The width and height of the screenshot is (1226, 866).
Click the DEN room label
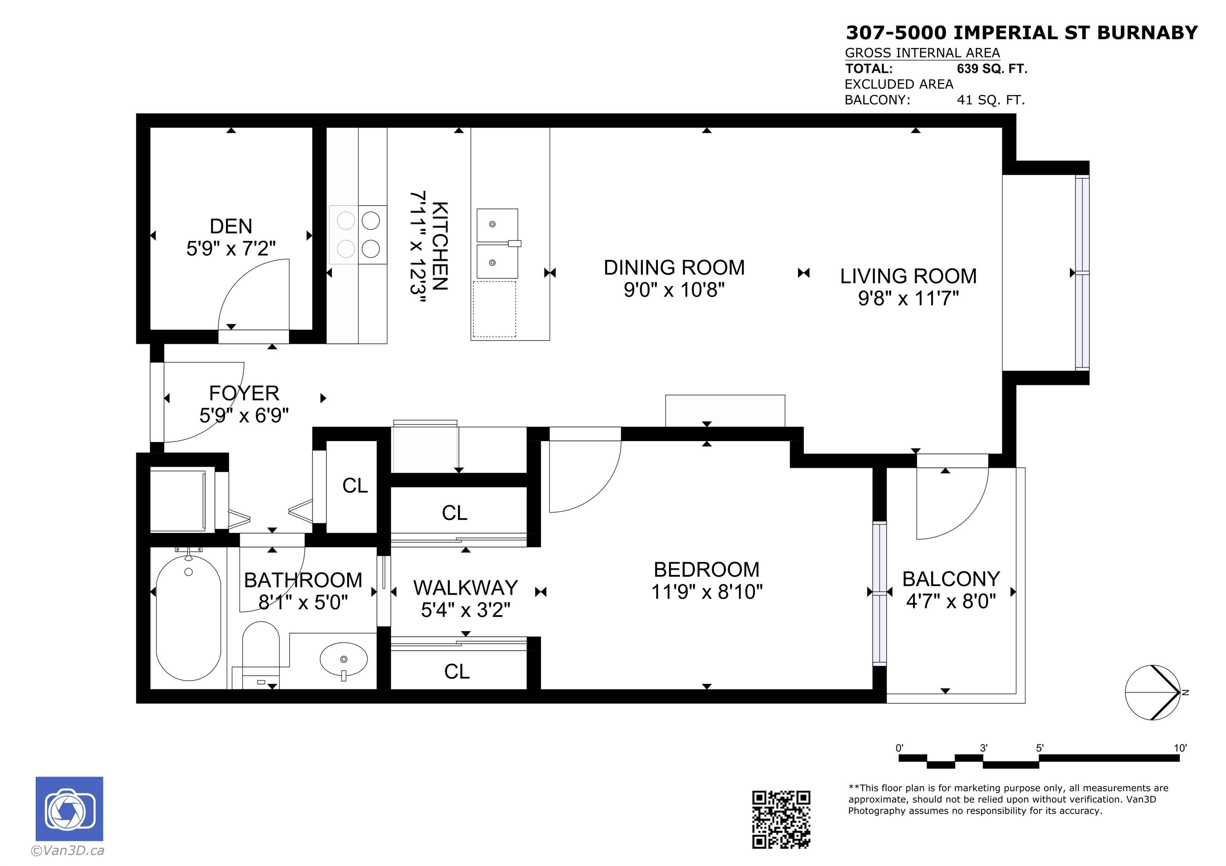pyautogui.click(x=231, y=226)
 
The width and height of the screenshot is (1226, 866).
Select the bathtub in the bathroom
pyautogui.click(x=188, y=618)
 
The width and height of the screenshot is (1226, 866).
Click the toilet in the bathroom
pyautogui.click(x=261, y=653)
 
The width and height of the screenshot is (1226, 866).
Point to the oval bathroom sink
pyautogui.click(x=343, y=659)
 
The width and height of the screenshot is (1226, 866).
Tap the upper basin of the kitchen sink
pyautogui.click(x=496, y=224)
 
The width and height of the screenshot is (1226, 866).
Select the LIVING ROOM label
pyautogui.click(x=908, y=276)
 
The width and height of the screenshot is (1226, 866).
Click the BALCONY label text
pyautogui.click(x=951, y=579)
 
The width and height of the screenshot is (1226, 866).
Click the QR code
pyautogui.click(x=781, y=819)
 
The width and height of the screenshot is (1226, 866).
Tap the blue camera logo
pyautogui.click(x=69, y=808)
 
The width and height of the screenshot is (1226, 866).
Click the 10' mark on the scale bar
pyautogui.click(x=1180, y=748)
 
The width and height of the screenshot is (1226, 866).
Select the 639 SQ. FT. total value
pyautogui.click(x=992, y=69)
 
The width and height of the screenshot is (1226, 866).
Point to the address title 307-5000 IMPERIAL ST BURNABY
pyautogui.click(x=1022, y=33)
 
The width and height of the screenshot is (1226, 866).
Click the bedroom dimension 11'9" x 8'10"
pyautogui.click(x=706, y=592)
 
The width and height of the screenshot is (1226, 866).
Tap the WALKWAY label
pyautogui.click(x=465, y=588)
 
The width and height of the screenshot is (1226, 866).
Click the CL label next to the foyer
pyautogui.click(x=354, y=486)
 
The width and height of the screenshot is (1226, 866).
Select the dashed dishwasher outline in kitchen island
pyautogui.click(x=494, y=309)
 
